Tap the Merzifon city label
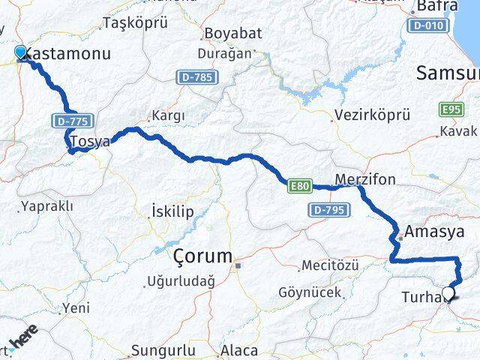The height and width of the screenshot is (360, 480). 365,179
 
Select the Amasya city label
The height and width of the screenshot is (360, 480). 434,231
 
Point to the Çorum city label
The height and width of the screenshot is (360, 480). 202,256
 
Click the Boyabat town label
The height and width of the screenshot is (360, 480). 233,34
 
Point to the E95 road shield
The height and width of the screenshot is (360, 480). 451,109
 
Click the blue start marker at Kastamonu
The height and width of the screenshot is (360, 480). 21,52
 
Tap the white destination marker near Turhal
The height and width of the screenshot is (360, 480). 448,294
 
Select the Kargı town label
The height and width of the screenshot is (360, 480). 168,115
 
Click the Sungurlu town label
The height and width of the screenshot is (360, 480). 163,350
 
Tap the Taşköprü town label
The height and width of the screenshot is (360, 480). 135,22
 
